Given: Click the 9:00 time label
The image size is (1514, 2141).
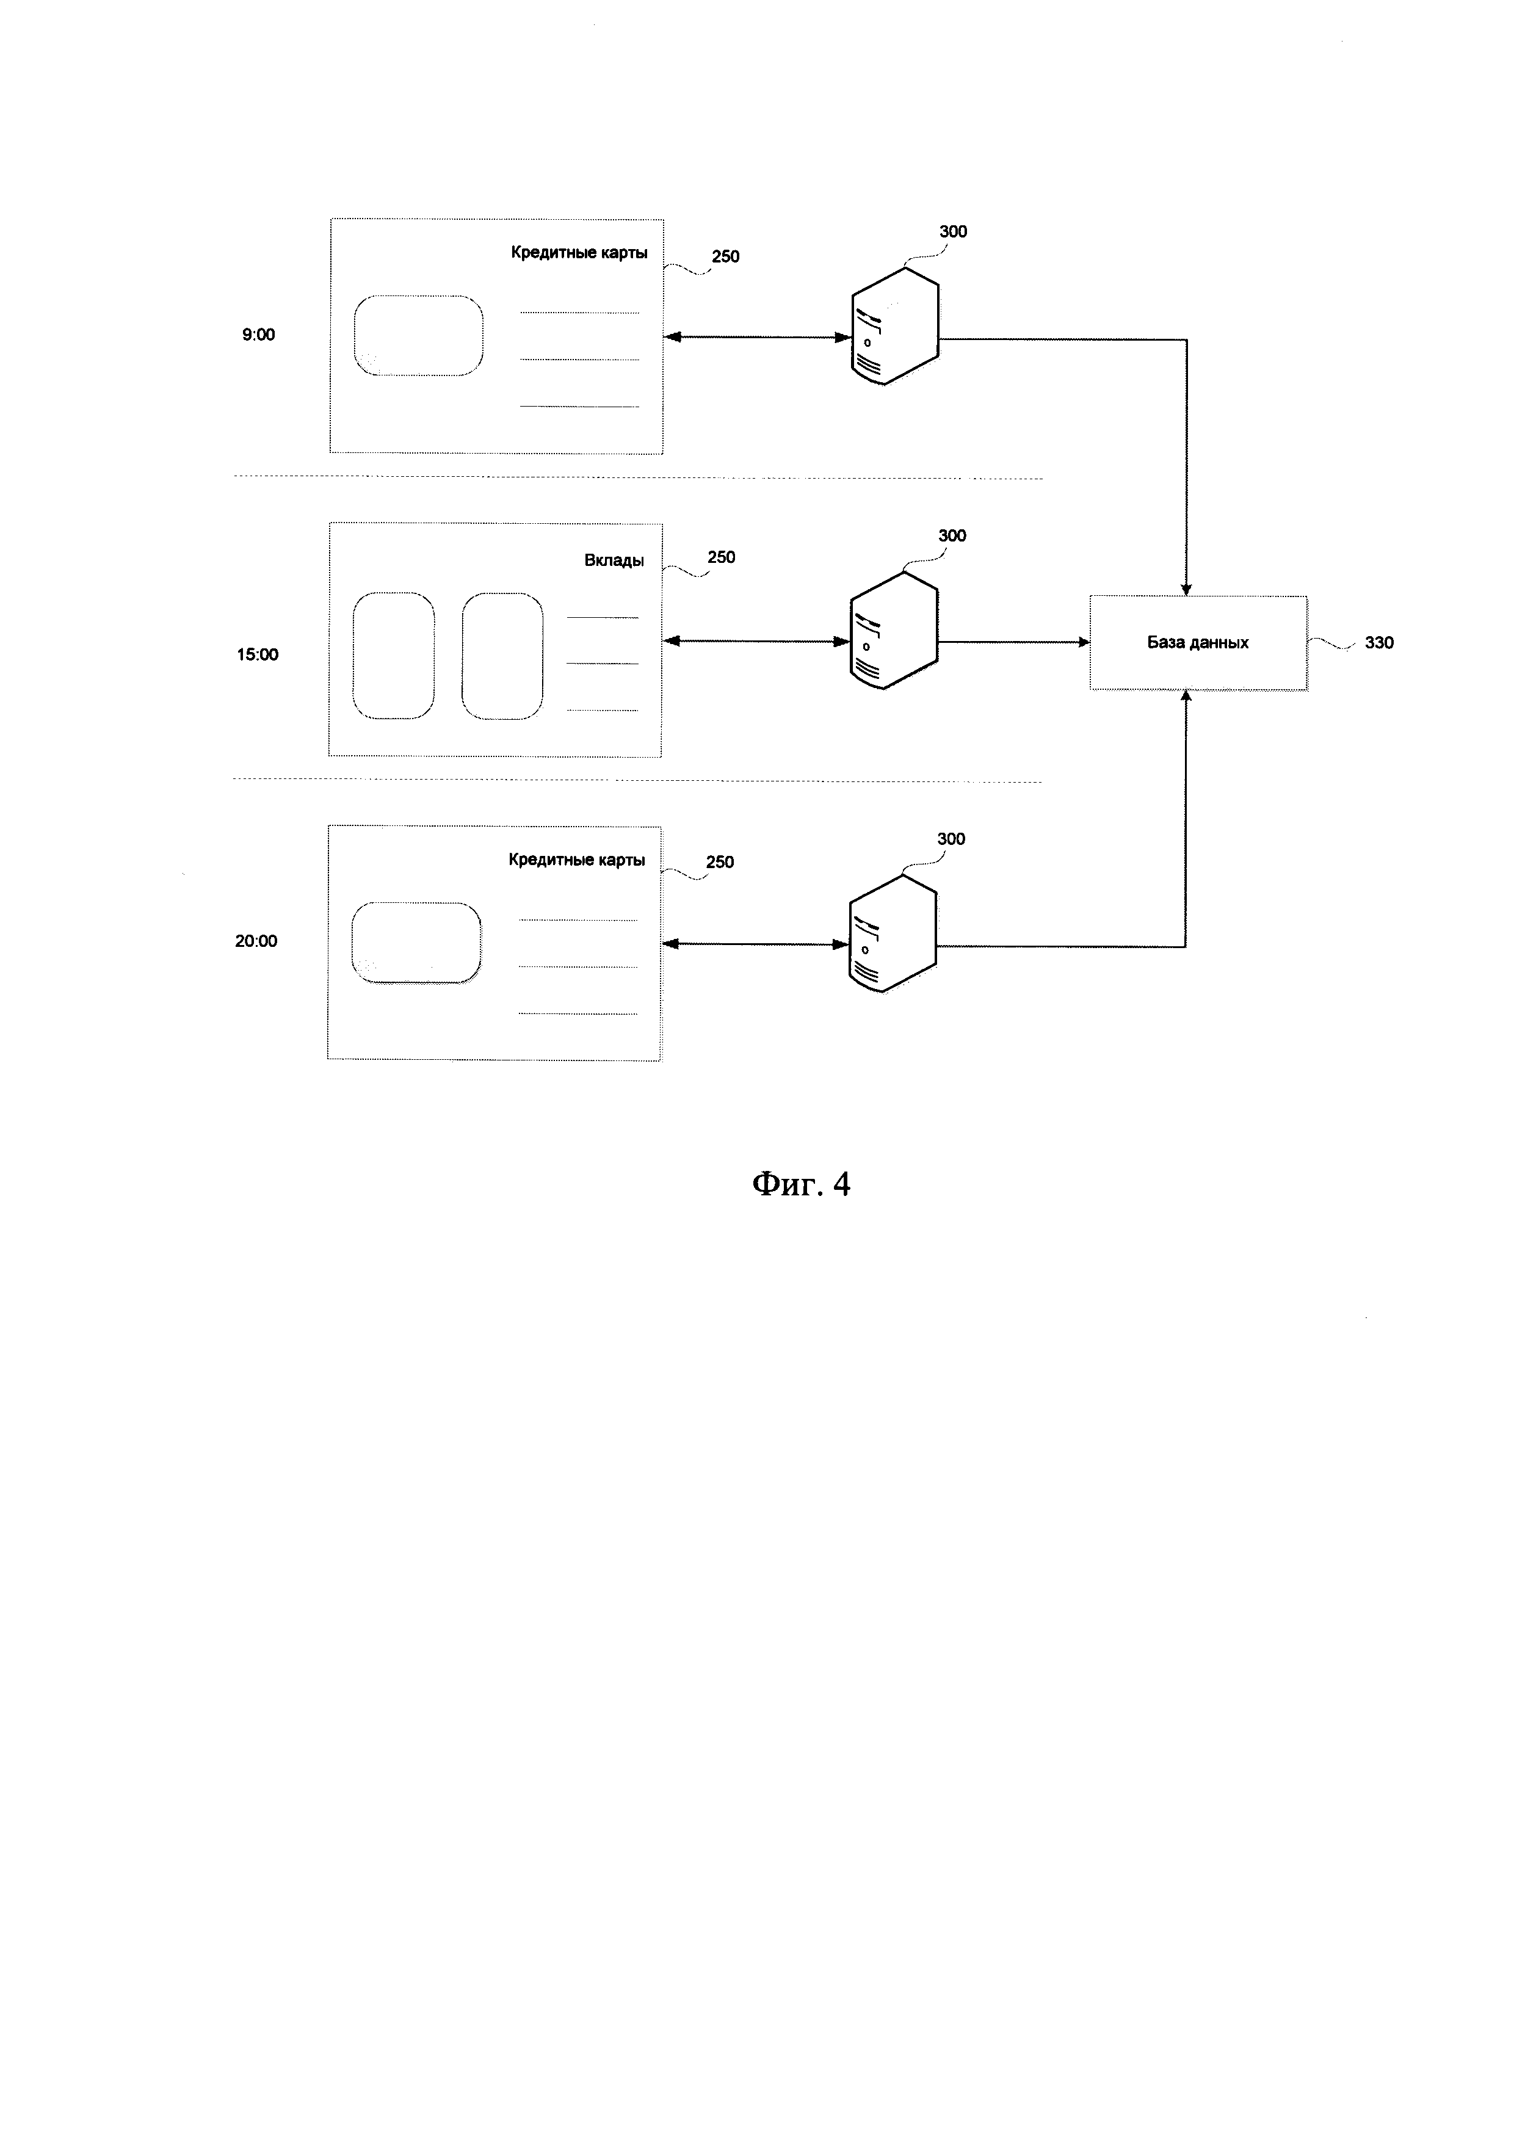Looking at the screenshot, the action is point(258,335).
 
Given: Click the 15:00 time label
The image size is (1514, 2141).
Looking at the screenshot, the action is point(257,654).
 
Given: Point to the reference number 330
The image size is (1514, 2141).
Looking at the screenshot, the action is point(1379,642).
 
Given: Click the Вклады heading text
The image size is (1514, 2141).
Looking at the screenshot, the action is point(614,560).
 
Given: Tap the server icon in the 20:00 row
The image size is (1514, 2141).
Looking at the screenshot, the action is point(892,932).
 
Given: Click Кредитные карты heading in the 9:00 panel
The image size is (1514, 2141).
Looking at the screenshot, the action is point(579,253).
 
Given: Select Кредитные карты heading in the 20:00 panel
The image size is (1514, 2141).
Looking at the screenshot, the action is point(577,860).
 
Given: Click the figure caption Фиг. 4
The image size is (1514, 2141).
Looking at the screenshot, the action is point(802,1184).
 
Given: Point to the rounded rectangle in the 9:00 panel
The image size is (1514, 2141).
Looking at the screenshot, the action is point(419,336).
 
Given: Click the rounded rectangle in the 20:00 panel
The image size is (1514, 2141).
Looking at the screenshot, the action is point(417,943).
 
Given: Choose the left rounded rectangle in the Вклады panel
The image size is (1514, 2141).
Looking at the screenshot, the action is point(393,656).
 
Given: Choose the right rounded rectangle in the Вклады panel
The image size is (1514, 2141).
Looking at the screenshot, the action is point(502,656).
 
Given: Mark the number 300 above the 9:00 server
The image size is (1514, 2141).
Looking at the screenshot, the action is point(953,231).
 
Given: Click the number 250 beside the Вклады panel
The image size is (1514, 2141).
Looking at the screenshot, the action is point(722,557).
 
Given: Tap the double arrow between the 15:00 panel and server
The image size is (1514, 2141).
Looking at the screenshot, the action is point(756,642).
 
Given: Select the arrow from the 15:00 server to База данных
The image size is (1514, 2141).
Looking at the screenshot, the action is point(1013,642).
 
